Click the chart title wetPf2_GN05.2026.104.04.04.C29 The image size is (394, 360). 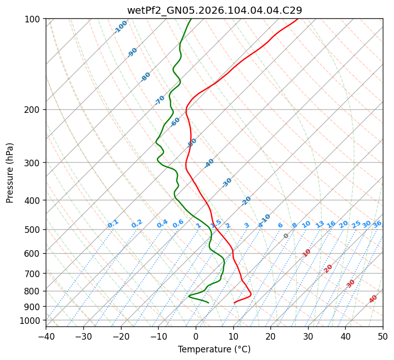(214, 10)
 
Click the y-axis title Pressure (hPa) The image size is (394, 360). (11, 172)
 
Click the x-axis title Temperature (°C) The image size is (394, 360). (214, 350)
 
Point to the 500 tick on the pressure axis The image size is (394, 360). (33, 229)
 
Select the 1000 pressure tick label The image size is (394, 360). (31, 320)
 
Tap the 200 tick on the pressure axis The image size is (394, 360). (33, 109)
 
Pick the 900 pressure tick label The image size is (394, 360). (33, 306)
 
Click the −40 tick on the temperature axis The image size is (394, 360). (46, 337)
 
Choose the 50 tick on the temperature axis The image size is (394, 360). (383, 337)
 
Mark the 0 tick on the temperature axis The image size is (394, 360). (196, 337)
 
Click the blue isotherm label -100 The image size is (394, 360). (120, 27)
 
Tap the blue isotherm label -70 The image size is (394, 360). (160, 100)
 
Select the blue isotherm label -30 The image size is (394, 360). (227, 183)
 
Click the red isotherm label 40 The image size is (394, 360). (373, 299)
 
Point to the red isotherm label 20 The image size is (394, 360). (328, 268)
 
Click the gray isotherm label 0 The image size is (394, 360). (286, 236)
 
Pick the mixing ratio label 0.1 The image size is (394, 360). (113, 224)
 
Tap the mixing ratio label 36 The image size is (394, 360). (377, 224)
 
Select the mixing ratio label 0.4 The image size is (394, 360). (162, 224)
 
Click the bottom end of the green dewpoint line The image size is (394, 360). (208, 303)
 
